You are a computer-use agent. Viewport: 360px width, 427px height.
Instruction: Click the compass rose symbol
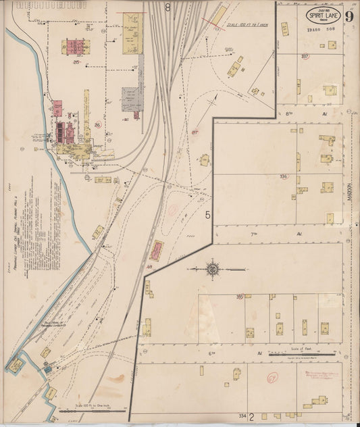tap(214, 268)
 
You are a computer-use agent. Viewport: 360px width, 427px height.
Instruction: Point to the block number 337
tap(305, 56)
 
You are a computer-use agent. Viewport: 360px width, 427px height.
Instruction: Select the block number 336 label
tap(284, 176)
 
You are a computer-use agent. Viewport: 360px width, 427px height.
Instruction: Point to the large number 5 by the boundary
tap(208, 216)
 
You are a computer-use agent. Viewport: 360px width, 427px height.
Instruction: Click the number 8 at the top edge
tap(168, 7)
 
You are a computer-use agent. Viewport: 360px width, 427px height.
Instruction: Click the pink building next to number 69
tap(157, 251)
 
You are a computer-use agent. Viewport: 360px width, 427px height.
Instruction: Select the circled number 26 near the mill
tap(97, 124)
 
